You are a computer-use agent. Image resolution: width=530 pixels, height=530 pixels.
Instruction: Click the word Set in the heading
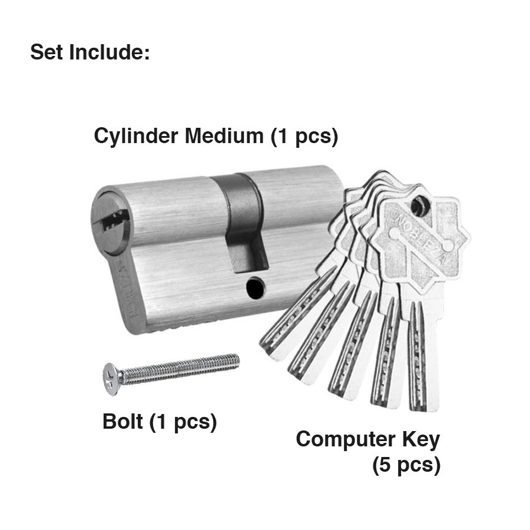pyautogui.click(x=47, y=52)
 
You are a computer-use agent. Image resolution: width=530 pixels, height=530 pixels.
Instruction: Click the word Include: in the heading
pyautogui.click(x=110, y=52)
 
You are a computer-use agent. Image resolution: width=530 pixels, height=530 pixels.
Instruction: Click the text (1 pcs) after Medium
pyautogui.click(x=304, y=137)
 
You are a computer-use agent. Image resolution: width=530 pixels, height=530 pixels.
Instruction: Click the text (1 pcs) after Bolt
pyautogui.click(x=183, y=422)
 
